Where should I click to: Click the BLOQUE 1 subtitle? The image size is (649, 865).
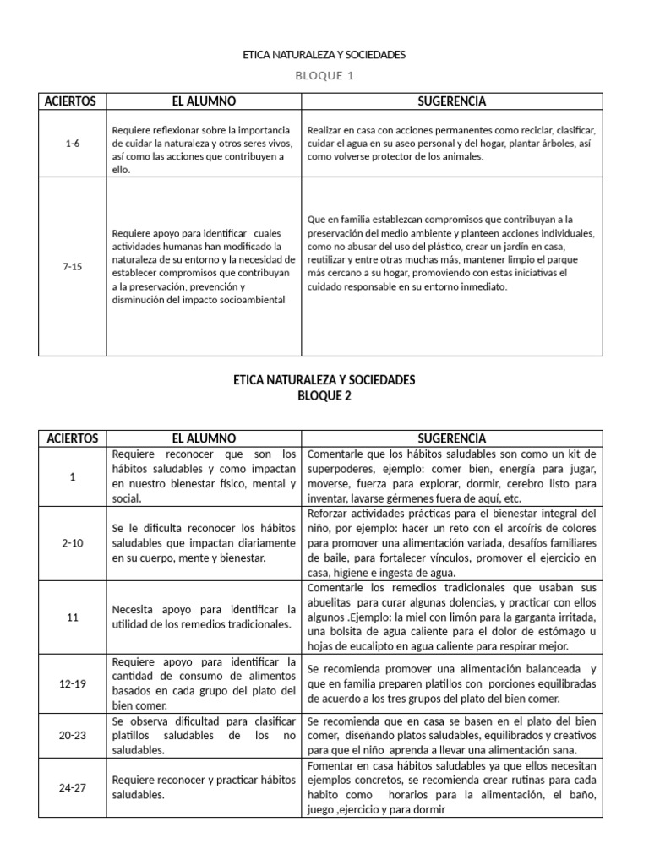pyautogui.click(x=324, y=75)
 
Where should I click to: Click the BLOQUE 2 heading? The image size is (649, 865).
pyautogui.click(x=324, y=396)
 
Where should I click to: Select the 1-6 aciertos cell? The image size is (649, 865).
pyautogui.click(x=73, y=144)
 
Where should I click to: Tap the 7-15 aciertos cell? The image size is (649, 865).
pyautogui.click(x=73, y=266)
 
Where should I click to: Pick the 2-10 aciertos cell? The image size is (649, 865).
pyautogui.click(x=73, y=543)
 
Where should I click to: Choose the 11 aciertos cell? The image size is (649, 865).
pyautogui.click(x=73, y=617)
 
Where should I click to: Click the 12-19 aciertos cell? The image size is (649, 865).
pyautogui.click(x=73, y=683)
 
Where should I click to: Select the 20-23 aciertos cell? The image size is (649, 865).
pyautogui.click(x=73, y=735)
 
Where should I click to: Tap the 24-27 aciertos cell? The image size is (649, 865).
pyautogui.click(x=73, y=787)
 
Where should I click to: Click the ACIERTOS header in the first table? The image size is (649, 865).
pyautogui.click(x=73, y=101)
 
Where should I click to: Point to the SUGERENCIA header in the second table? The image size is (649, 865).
pyautogui.click(x=452, y=438)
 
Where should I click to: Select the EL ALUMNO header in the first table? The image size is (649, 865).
pyautogui.click(x=204, y=101)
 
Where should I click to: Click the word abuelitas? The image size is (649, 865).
pyautogui.click(x=330, y=603)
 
